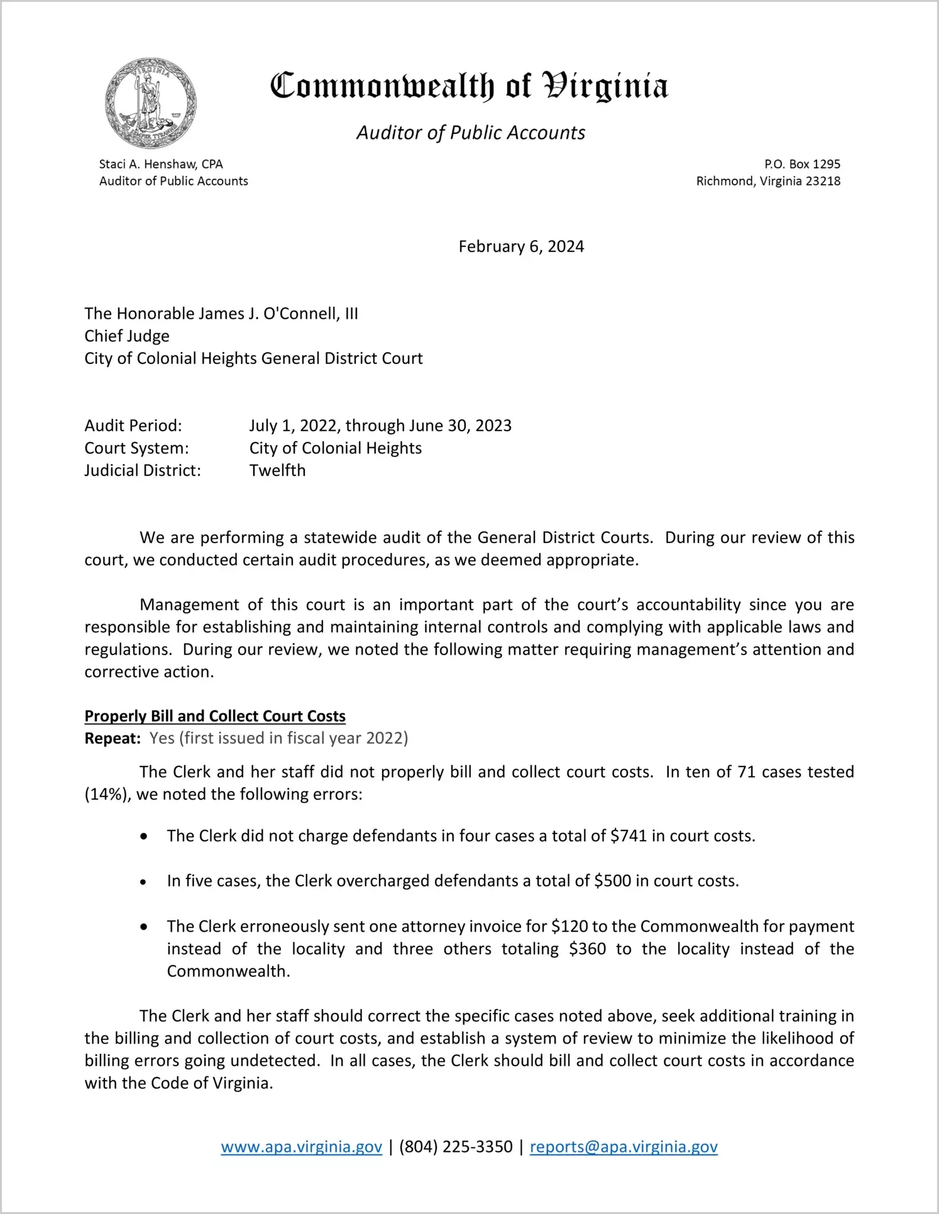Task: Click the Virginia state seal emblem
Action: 151,103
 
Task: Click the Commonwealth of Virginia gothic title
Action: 469,86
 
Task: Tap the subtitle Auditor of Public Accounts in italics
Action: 471,133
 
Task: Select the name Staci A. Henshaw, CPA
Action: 161,164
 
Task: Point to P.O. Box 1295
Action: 802,164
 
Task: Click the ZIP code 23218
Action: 823,181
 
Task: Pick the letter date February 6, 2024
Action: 521,246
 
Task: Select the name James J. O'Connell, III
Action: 270,314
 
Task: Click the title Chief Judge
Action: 127,336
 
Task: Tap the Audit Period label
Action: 133,426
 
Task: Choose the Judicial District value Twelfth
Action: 277,470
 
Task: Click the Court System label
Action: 136,448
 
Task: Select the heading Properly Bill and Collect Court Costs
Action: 215,716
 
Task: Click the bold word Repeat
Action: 113,738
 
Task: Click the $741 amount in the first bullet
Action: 629,836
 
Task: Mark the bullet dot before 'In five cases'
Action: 144,882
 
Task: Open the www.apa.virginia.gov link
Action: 301,1147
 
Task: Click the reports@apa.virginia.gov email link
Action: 623,1147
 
